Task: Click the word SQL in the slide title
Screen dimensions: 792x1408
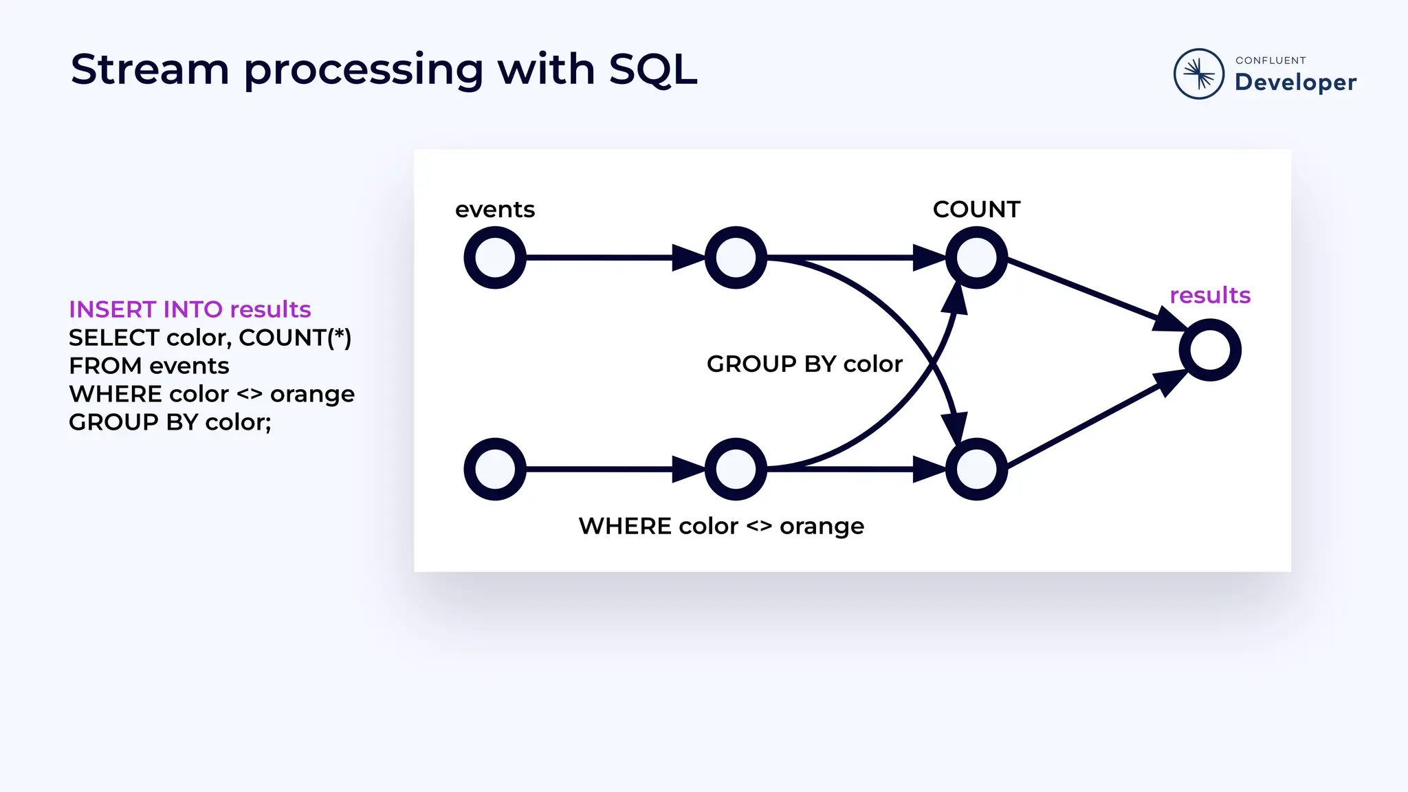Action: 652,69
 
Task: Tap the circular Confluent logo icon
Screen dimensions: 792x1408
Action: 1198,74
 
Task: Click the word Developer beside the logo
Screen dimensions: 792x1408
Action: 1295,82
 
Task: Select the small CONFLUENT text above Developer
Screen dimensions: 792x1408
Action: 1270,60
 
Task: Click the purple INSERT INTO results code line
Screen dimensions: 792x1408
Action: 190,309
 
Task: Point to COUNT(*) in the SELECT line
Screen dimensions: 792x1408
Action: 295,338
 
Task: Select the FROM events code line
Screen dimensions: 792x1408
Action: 148,366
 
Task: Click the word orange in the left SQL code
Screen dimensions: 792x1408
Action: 312,394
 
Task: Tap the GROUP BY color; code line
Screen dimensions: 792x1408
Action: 170,422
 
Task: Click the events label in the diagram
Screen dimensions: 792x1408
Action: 495,209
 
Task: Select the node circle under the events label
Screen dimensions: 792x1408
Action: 495,258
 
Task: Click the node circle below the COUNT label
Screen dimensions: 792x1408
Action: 976,258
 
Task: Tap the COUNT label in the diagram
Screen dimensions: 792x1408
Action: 976,209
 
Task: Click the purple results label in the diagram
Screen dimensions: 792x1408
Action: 1210,295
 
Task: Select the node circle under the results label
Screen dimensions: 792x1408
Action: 1210,350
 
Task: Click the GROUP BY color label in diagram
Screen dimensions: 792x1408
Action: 804,364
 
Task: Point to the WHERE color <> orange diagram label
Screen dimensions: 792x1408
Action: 721,526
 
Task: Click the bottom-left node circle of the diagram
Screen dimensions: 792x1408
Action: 495,469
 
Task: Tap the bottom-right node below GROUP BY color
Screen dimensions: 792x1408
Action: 976,469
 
